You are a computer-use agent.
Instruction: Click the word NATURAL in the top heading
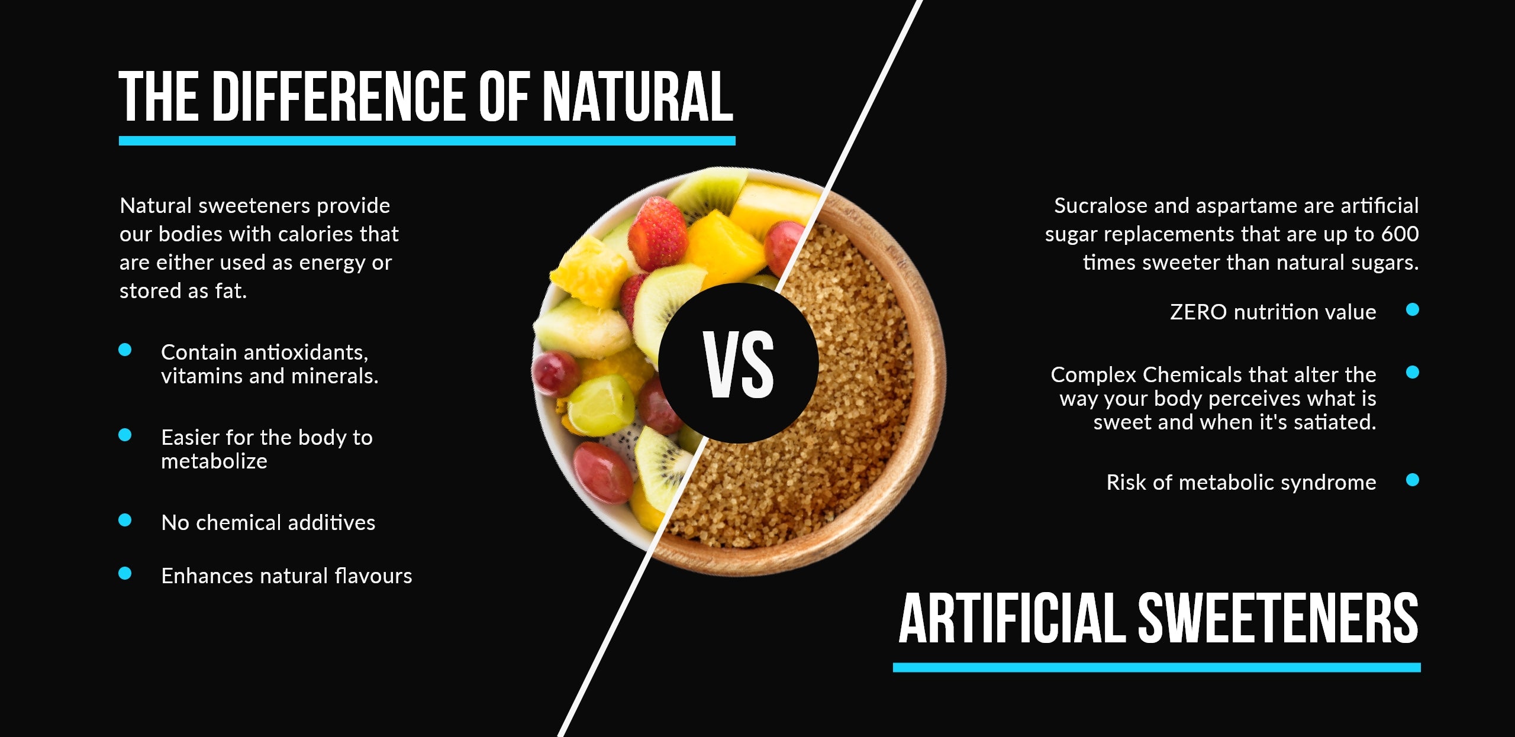tap(638, 96)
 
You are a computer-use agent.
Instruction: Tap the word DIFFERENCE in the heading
tap(340, 96)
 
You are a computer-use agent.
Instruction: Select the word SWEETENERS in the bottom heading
tap(1278, 618)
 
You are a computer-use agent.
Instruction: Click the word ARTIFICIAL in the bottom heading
tap(1012, 618)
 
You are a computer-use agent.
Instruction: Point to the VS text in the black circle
tap(739, 364)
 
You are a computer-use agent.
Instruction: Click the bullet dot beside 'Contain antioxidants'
tap(125, 350)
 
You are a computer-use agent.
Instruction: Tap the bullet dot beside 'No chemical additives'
tap(125, 520)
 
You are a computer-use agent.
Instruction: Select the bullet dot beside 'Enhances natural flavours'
tap(125, 573)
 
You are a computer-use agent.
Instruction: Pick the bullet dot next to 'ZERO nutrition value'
tap(1413, 309)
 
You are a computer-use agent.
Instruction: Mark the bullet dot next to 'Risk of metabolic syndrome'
tap(1413, 480)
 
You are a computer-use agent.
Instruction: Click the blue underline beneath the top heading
tap(427, 141)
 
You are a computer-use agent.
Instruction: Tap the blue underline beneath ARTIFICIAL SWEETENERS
tap(1157, 668)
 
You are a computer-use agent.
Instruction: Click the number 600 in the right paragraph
tap(1400, 234)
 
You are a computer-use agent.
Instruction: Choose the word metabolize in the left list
tap(214, 461)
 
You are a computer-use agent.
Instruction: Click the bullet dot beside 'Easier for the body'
tap(125, 435)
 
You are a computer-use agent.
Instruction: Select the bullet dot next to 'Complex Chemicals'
tap(1413, 372)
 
